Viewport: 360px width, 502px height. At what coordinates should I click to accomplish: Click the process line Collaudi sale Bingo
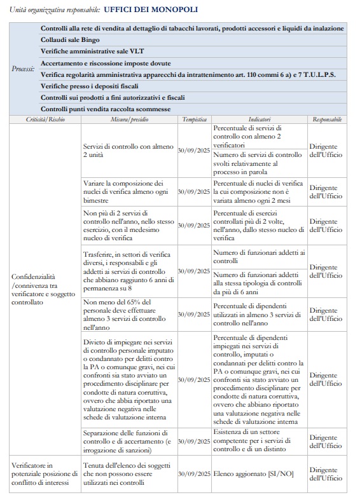click(x=71, y=39)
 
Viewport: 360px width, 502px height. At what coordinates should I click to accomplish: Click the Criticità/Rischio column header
click(x=45, y=119)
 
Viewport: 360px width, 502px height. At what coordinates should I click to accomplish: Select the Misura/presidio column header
click(x=128, y=119)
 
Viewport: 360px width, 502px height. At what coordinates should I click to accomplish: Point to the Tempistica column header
click(x=194, y=119)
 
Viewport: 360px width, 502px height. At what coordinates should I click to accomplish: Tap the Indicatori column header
click(x=259, y=119)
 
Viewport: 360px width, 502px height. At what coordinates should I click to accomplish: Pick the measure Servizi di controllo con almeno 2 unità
click(x=128, y=151)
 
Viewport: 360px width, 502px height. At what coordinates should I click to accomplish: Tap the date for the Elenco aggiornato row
click(x=194, y=474)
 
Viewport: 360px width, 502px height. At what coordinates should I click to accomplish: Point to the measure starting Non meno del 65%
click(x=128, y=315)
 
